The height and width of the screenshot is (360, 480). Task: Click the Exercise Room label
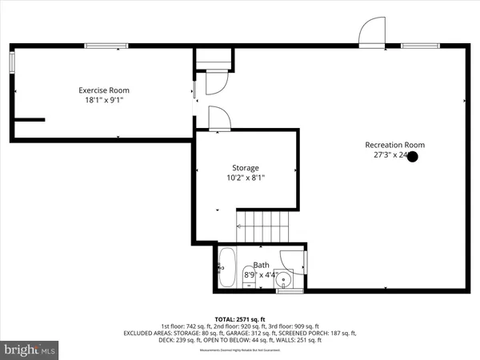point(103,90)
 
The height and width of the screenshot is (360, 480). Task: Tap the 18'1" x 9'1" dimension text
point(103,101)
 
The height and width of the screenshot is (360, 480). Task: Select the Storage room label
point(246,168)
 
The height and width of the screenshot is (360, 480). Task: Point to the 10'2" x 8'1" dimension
point(246,178)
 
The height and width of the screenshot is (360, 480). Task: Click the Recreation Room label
point(394,145)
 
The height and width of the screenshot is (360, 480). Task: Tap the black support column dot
point(413,157)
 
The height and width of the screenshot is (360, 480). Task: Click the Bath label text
point(262,265)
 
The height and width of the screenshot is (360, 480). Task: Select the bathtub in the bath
point(226,268)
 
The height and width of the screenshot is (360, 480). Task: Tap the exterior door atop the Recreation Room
point(372,33)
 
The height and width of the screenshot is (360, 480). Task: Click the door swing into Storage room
point(219,118)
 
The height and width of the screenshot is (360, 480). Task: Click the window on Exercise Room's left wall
point(12,65)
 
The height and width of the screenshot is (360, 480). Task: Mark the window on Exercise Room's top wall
point(106,46)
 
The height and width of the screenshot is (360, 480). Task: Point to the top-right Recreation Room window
point(420,46)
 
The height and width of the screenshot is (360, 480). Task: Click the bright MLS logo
point(30,350)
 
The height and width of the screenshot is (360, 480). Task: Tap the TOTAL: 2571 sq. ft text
point(239,318)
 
